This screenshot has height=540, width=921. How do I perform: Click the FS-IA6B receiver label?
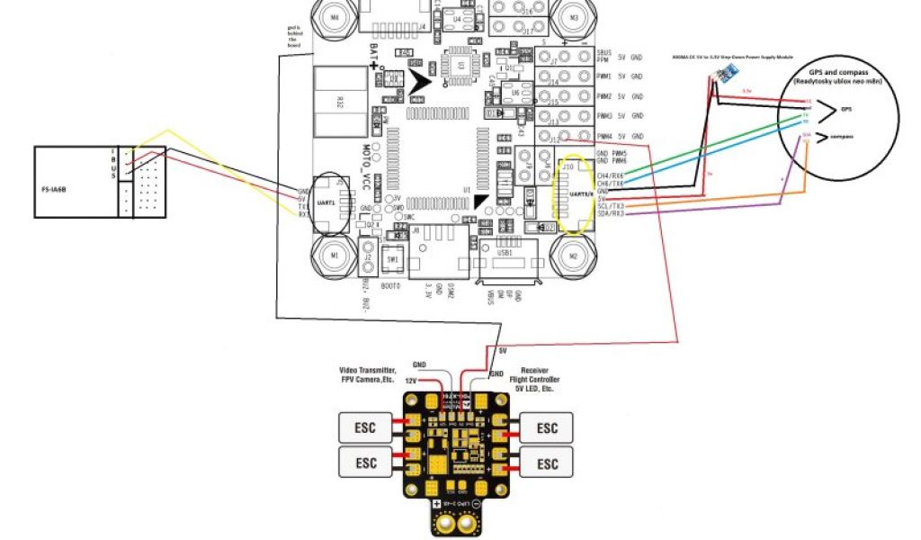56,191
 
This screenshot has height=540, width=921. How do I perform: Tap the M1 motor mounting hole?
335,255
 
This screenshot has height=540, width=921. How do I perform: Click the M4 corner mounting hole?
335,15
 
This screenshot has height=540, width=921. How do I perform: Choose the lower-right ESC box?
547,463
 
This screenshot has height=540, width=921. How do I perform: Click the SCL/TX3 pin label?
611,206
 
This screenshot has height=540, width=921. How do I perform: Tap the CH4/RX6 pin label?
610,175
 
